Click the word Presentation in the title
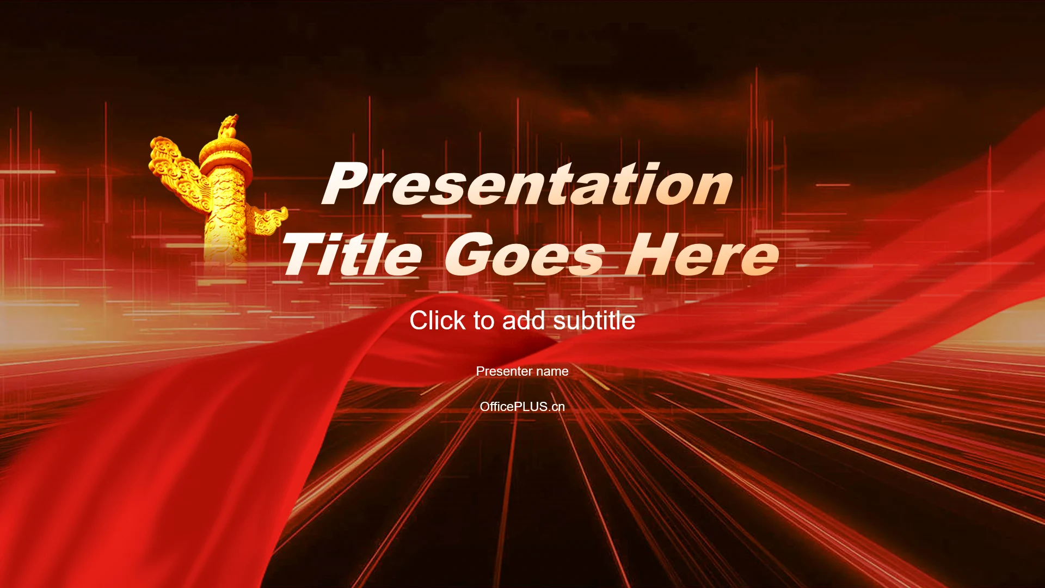coord(527,184)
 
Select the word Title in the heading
coord(352,254)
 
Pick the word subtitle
coord(594,320)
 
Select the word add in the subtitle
coord(524,320)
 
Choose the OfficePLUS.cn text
coord(522,407)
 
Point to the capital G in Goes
coord(469,254)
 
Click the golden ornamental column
coord(224,201)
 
